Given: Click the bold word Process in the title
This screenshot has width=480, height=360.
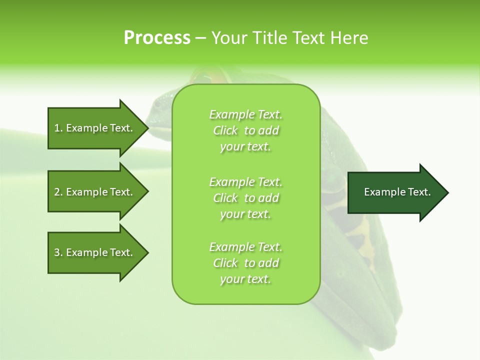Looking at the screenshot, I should click(157, 38).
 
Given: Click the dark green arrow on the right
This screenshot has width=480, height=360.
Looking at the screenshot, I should click(397, 192).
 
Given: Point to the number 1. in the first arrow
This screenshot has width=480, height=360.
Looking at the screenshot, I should click(58, 128).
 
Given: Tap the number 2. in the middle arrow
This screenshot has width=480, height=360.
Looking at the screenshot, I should click(58, 192).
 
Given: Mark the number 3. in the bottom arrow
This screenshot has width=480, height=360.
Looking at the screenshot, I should click(58, 252).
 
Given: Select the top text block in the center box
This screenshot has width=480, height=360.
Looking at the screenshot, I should click(245, 130).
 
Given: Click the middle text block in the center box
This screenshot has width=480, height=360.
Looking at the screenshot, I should click(245, 198).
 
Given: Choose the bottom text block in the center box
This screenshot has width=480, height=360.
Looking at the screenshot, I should click(245, 263).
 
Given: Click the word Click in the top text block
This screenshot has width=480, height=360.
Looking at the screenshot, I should click(225, 130).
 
